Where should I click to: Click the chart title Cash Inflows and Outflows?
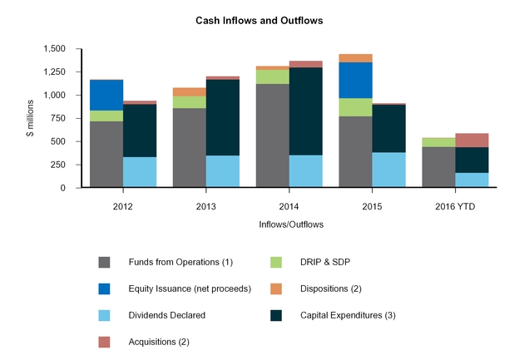259,18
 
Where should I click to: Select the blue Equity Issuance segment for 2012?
107,95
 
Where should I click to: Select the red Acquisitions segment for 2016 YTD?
472,140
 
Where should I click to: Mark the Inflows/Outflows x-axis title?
290,224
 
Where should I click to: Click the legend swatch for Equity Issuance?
104,288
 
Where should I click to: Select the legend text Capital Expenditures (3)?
358,315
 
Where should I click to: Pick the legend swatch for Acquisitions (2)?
104,342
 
